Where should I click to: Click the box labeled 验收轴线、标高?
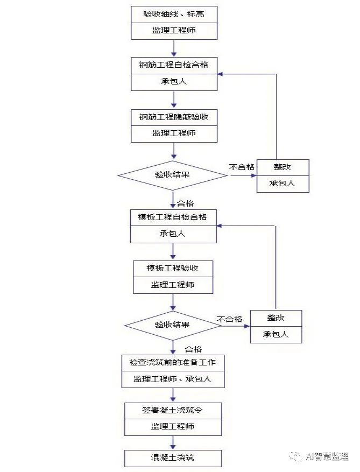coord(173,15)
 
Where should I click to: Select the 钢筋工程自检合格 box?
coord(173,65)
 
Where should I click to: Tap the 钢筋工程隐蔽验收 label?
coord(174,117)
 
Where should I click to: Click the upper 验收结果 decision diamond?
coord(173,175)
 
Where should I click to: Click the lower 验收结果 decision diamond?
coord(173,325)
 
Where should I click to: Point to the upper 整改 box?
coord(283,167)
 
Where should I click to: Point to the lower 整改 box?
coord(276,318)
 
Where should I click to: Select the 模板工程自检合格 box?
coord(173,217)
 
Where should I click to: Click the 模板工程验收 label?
coord(173,268)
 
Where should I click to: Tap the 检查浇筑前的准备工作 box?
coord(173,362)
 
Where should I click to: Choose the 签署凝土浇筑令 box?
coord(173,410)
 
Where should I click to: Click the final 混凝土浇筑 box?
coord(173,458)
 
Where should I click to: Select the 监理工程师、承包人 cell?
coord(173,379)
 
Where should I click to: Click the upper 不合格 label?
coord(242,167)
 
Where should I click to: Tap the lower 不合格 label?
coord(229,319)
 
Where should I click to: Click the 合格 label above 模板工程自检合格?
coord(186,203)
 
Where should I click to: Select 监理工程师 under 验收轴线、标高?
coord(173,31)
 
